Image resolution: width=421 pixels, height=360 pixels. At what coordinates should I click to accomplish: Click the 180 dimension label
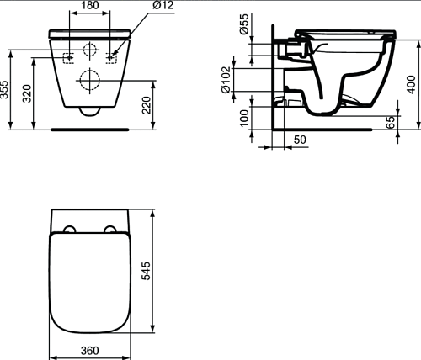(x=90, y=5)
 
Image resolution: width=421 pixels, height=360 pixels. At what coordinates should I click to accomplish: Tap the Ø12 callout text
(x=163, y=5)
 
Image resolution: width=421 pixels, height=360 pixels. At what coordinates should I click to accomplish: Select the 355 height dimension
(x=4, y=90)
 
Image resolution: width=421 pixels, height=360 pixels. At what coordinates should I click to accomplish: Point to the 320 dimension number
(x=27, y=93)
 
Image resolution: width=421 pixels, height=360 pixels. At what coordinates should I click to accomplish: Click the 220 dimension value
(x=147, y=105)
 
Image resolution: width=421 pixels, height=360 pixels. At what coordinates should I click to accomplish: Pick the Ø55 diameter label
(x=244, y=24)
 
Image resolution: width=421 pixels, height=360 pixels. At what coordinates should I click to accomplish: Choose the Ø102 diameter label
(x=226, y=80)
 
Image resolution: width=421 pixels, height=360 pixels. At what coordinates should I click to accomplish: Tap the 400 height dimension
(x=411, y=85)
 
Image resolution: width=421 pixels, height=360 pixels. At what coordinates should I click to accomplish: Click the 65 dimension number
(x=391, y=123)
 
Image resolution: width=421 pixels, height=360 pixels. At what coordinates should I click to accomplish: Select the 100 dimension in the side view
(x=245, y=118)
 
